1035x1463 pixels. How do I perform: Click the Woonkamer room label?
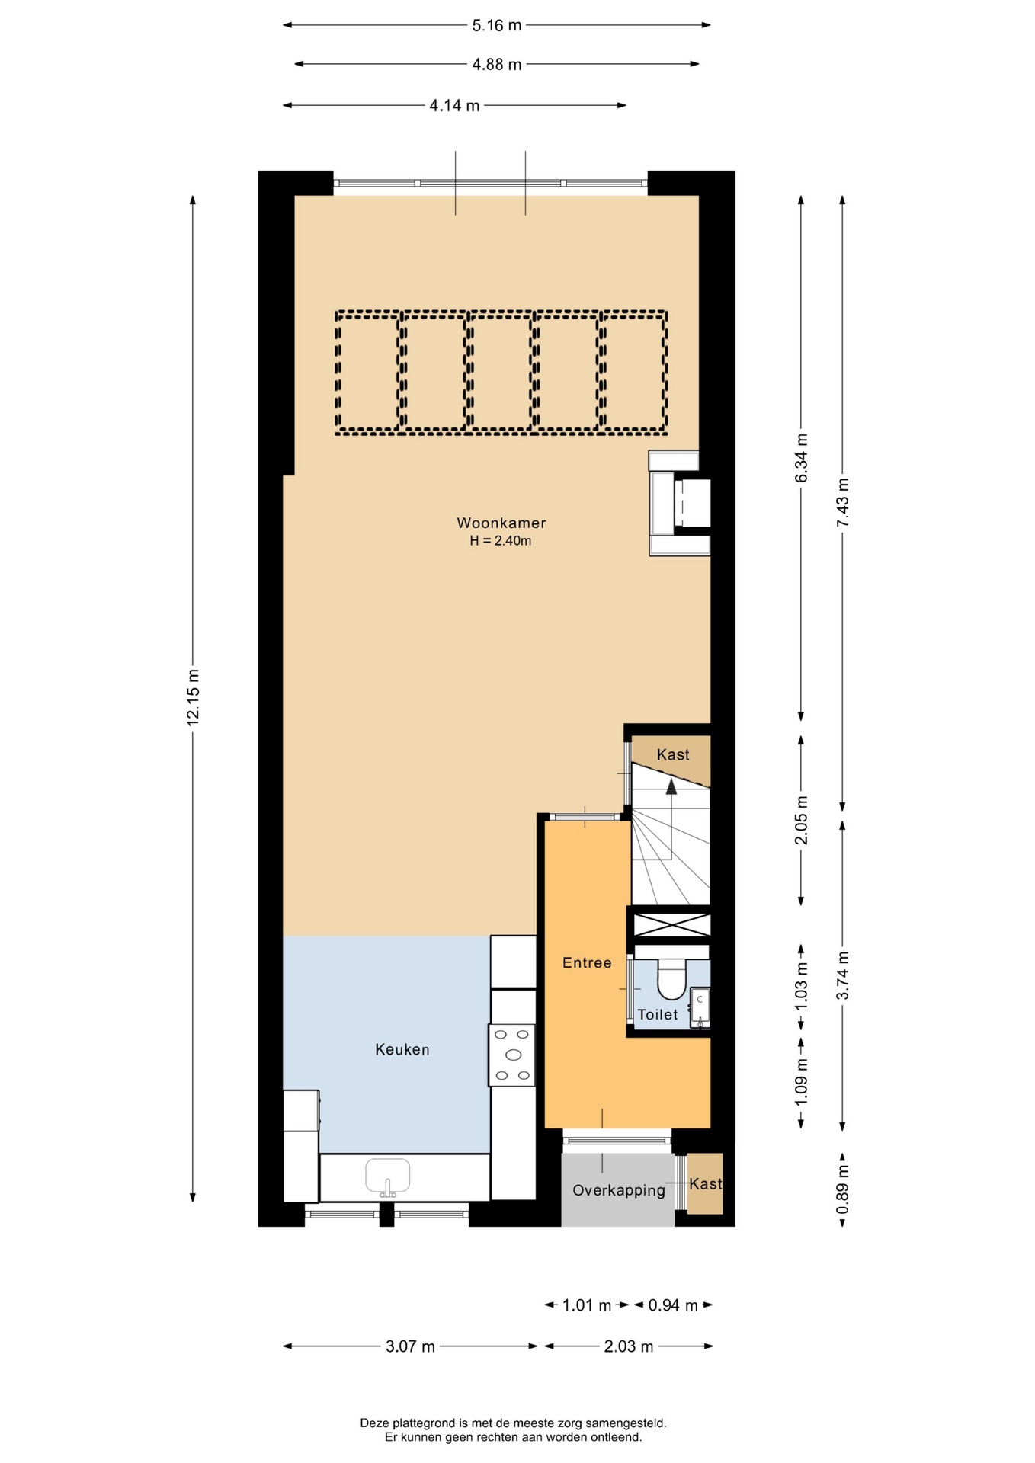[x=501, y=523]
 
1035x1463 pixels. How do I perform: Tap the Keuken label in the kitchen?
[x=402, y=1049]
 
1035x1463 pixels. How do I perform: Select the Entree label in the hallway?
[x=587, y=962]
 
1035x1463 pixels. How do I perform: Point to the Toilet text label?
[x=657, y=1014]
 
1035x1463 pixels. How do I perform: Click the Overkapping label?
[x=619, y=1190]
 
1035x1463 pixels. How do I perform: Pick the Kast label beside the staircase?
[x=673, y=754]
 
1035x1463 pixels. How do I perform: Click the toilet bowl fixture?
[x=672, y=979]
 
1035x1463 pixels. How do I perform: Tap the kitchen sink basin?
[x=388, y=1176]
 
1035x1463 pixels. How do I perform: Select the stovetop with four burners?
[x=512, y=1055]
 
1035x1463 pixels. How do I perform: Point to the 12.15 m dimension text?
[x=193, y=697]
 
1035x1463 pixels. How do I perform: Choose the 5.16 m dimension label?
[x=497, y=25]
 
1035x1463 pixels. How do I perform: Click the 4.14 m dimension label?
[x=454, y=105]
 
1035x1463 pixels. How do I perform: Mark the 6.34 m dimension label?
[x=801, y=458]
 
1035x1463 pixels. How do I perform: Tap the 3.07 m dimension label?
[x=410, y=1346]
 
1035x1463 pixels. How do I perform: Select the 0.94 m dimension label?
[x=673, y=1305]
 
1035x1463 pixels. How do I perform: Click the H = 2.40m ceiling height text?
[x=501, y=541]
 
